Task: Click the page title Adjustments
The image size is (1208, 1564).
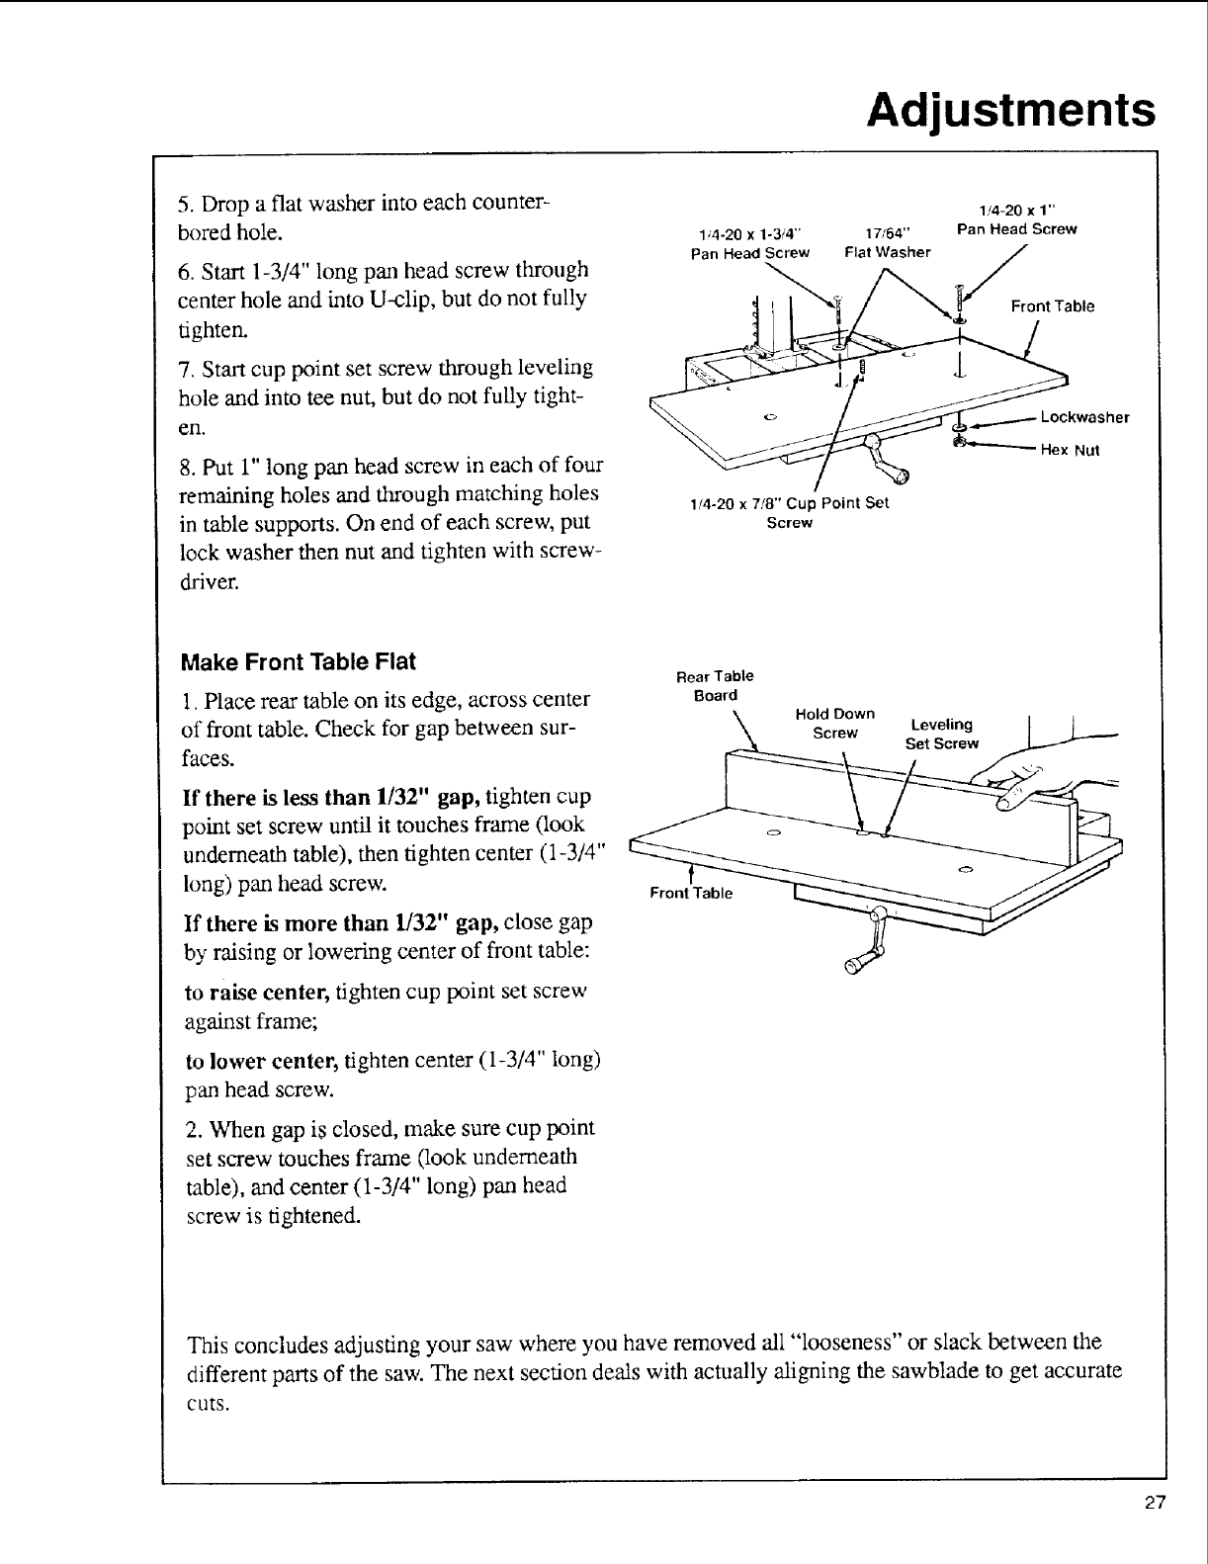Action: click(1009, 110)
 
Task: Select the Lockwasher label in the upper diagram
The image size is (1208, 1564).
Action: click(1084, 417)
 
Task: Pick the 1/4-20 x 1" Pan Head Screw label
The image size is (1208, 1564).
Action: click(1017, 219)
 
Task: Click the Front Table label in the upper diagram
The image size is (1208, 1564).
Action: click(1052, 306)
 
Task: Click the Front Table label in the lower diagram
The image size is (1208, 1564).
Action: click(691, 893)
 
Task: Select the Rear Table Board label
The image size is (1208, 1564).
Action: click(715, 685)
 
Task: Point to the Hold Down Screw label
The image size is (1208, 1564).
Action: click(835, 724)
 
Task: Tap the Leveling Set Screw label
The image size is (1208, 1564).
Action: click(941, 734)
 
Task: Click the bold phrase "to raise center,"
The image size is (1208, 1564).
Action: click(259, 991)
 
